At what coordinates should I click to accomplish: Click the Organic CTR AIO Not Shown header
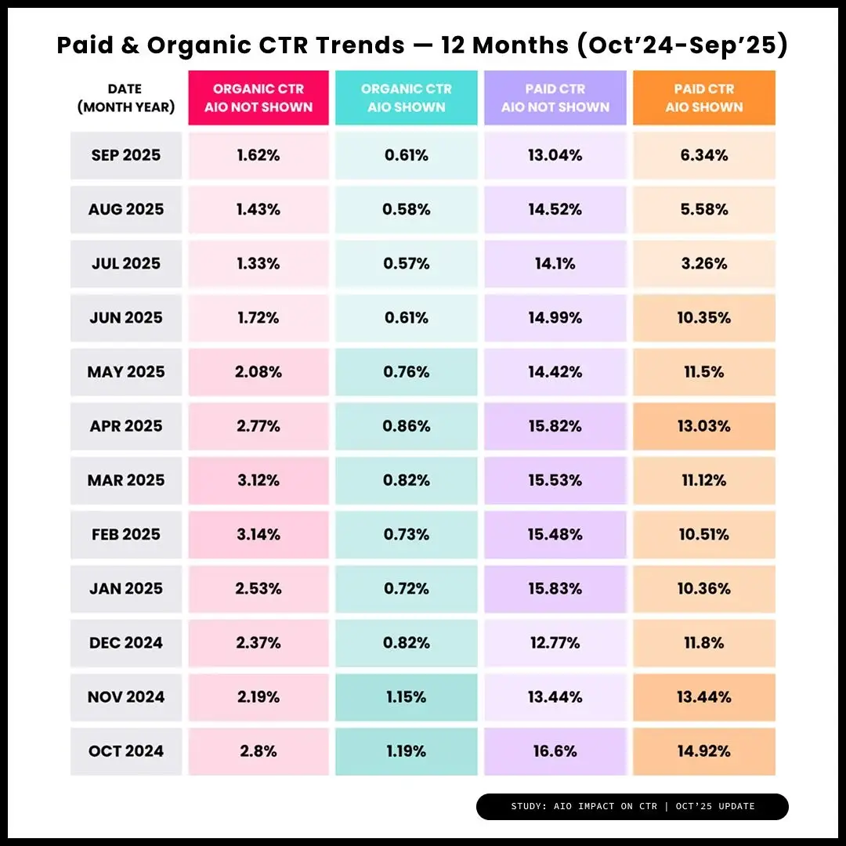(258, 98)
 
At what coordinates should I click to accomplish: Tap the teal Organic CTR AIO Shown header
(406, 98)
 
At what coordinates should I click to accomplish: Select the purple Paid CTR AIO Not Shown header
(555, 98)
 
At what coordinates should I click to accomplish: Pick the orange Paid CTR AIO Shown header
(703, 98)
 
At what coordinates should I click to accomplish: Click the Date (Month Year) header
(126, 98)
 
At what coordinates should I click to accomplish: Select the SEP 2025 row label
(126, 155)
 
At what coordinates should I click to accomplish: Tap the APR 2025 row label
(126, 426)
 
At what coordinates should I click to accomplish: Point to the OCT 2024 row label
(126, 751)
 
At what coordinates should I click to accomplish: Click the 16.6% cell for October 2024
(555, 751)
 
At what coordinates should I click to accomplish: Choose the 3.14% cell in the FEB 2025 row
(258, 534)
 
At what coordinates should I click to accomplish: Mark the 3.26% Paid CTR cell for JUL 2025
(703, 263)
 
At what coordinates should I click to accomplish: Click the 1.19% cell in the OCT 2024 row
(406, 751)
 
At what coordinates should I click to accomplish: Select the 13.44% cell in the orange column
(703, 697)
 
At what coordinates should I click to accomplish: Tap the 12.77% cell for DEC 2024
(555, 643)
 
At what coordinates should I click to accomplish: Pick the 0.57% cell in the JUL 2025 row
(406, 263)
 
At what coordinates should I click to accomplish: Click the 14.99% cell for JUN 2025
(555, 317)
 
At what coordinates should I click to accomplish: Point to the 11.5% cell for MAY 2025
(703, 372)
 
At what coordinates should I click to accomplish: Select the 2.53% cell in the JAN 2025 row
(258, 588)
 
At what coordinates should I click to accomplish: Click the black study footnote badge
(632, 806)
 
